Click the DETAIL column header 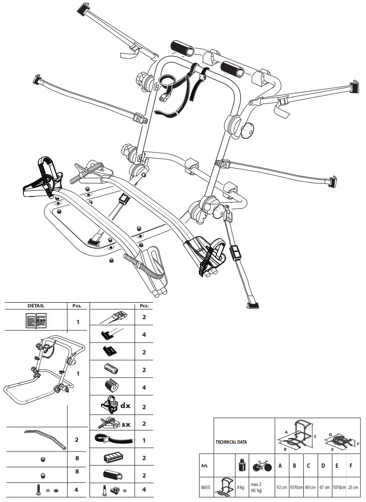point(36,306)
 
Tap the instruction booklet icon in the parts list point(36,321)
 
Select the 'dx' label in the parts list point(125,405)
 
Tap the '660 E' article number point(206,487)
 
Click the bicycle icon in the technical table point(262,466)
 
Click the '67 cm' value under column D point(324,487)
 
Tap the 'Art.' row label point(204,466)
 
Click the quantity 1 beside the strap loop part point(144,440)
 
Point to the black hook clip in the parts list point(110,350)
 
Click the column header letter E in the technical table point(339,466)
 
